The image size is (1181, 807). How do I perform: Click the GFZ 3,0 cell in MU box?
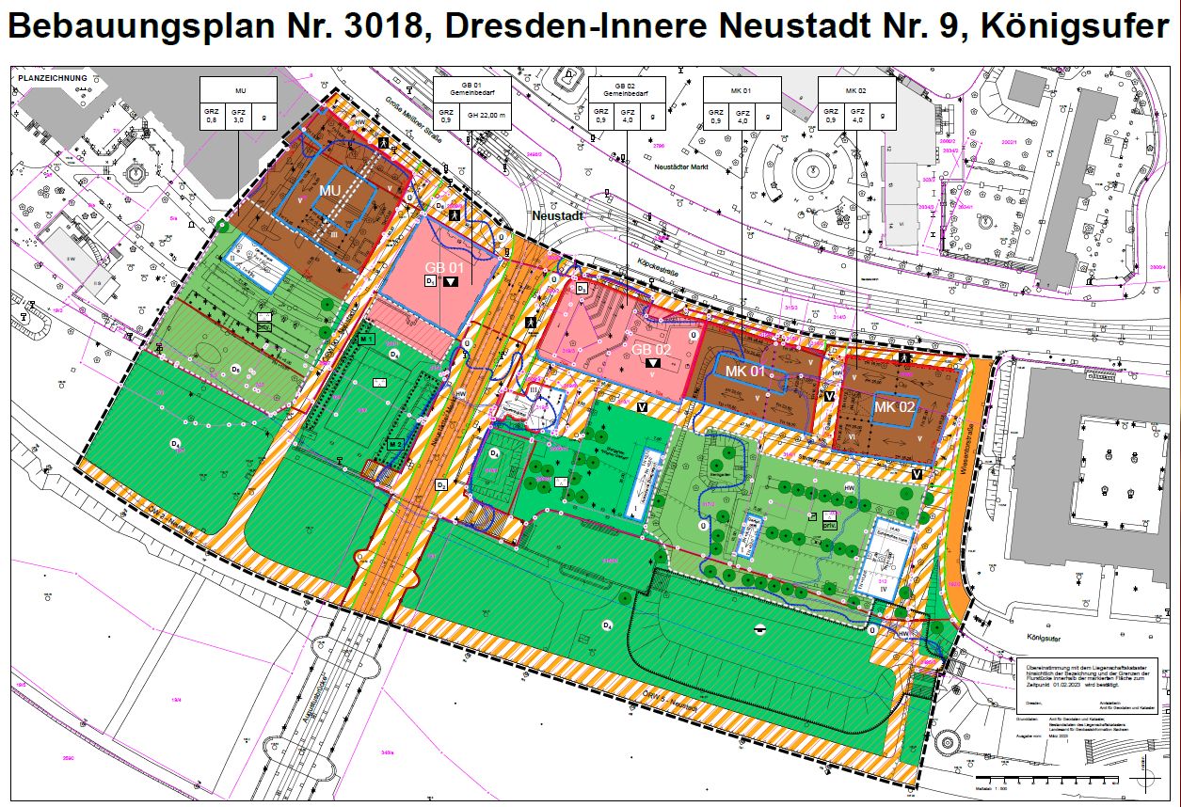click(x=239, y=116)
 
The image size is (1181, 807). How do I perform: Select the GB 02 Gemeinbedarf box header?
click(x=626, y=89)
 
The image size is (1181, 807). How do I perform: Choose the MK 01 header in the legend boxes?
click(x=742, y=90)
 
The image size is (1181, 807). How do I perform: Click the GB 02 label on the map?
click(x=652, y=349)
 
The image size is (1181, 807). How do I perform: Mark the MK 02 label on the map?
click(x=895, y=406)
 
